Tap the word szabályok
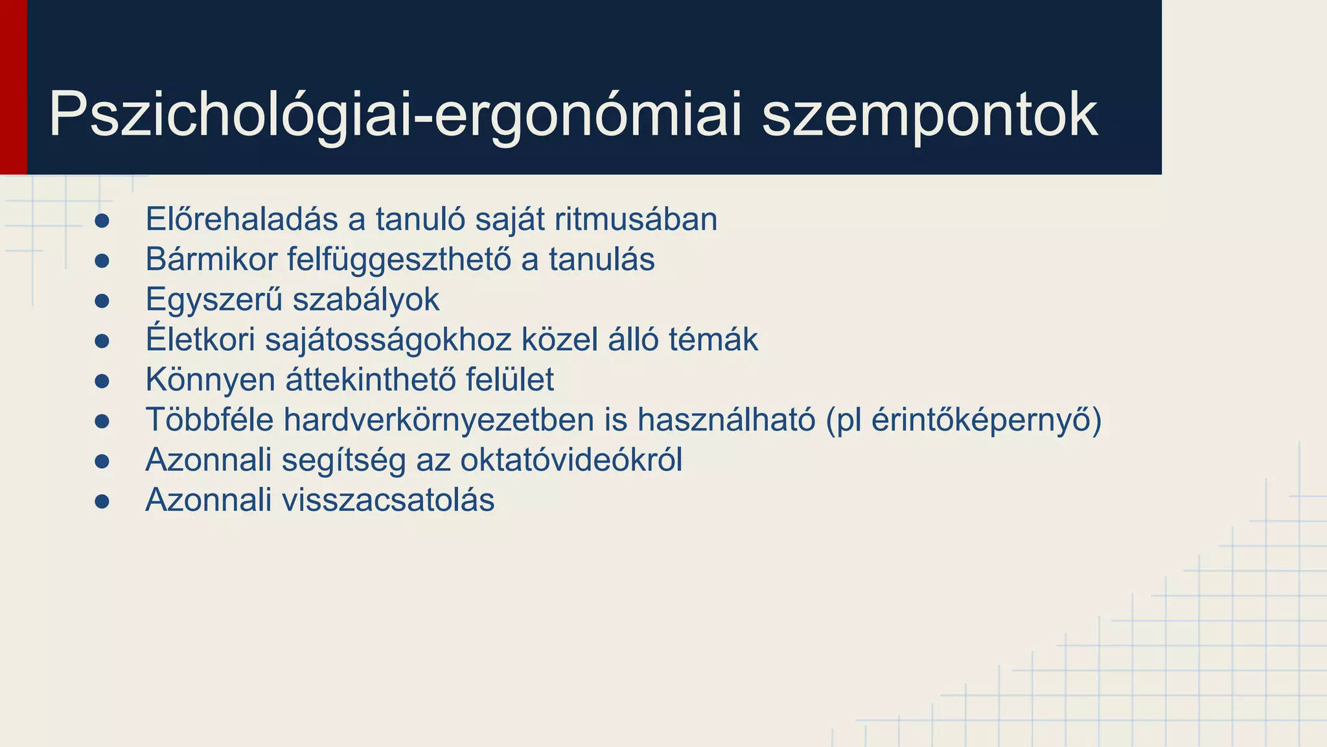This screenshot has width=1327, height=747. pyautogui.click(x=365, y=300)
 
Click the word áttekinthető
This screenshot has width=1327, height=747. pyautogui.click(x=371, y=380)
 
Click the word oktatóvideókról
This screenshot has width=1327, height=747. pyautogui.click(x=571, y=460)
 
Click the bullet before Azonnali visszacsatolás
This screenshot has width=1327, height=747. pyautogui.click(x=102, y=501)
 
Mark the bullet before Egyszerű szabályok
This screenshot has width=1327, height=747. pyautogui.click(x=102, y=301)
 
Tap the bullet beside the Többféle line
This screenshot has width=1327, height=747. pyautogui.click(x=102, y=421)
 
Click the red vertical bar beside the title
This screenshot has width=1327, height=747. pyautogui.click(x=13, y=87)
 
